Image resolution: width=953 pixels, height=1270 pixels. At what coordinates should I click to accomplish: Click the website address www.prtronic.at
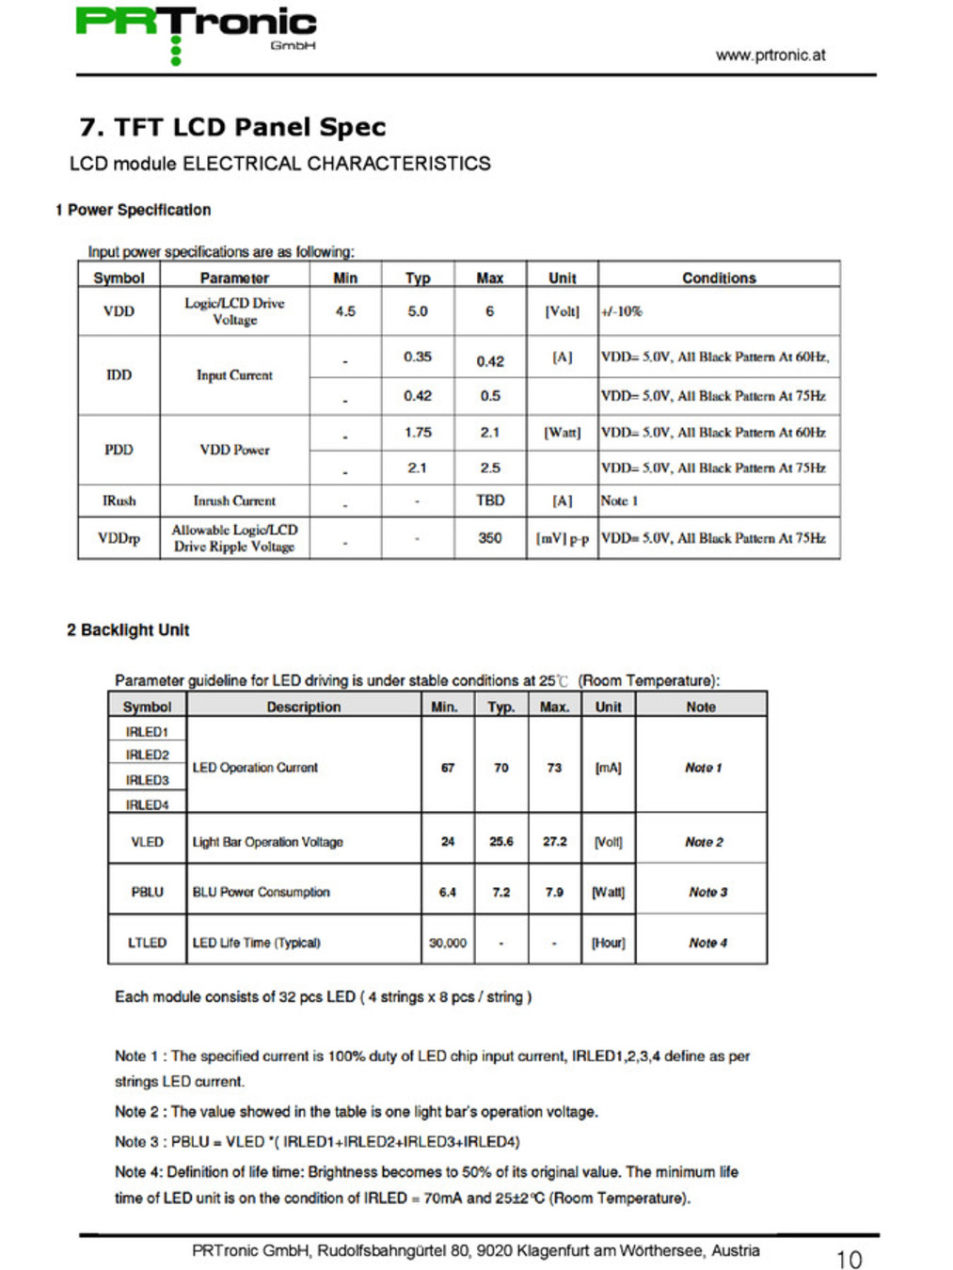tap(770, 55)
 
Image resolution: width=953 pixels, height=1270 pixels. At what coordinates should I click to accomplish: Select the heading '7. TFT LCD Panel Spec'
tap(232, 127)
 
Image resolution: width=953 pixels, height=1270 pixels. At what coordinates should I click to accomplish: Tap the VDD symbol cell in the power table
tap(119, 311)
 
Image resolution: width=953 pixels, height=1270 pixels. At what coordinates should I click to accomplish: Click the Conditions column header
tap(719, 278)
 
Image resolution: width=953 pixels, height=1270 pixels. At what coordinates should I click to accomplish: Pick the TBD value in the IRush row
tap(489, 500)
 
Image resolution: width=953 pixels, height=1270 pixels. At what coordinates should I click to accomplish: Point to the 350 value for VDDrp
tap(489, 538)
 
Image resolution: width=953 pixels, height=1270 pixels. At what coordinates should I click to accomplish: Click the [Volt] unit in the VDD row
tap(562, 311)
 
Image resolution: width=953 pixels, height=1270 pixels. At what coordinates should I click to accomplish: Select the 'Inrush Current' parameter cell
tap(234, 500)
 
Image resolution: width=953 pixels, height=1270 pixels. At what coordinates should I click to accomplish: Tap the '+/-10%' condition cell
tap(622, 311)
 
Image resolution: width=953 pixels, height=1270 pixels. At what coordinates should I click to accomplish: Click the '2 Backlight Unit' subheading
tap(128, 629)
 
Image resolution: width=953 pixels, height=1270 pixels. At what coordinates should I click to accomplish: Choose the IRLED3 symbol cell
tap(147, 780)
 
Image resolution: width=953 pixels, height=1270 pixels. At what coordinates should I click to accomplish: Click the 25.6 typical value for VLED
tap(500, 841)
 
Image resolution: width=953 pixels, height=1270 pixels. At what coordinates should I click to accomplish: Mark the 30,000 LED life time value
tap(448, 943)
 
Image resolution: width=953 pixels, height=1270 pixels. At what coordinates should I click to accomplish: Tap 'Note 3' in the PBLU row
tap(707, 892)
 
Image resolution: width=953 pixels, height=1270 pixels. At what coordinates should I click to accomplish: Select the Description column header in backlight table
tap(303, 706)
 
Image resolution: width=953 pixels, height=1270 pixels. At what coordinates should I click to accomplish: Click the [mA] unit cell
tap(608, 768)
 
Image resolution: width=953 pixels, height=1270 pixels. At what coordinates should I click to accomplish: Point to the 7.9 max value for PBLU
tap(554, 892)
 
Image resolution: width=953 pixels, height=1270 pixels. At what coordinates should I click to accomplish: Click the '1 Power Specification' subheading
tap(133, 210)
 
